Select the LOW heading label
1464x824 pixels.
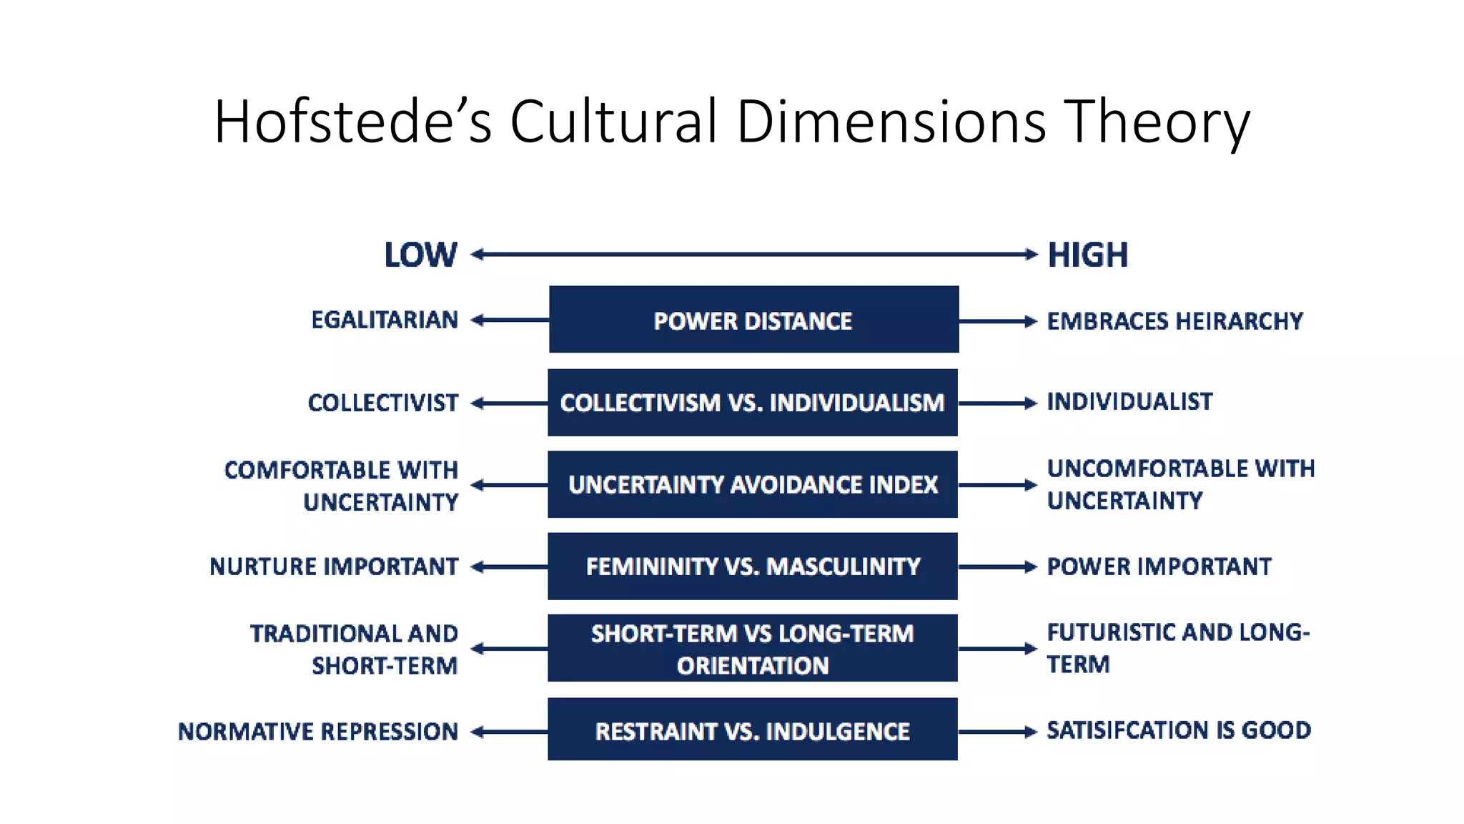pos(420,255)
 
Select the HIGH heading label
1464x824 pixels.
pos(1088,255)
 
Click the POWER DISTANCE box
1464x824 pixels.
pos(753,320)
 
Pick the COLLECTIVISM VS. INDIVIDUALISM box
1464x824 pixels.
pos(753,403)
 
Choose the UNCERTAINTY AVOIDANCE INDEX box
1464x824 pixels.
pos(753,484)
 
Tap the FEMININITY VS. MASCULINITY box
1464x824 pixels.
pos(753,566)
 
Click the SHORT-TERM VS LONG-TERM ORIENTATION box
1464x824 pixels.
pos(753,648)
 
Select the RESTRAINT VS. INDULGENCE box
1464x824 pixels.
pos(753,730)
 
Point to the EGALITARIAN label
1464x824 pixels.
pos(385,320)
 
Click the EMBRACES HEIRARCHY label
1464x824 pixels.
pos(1175,321)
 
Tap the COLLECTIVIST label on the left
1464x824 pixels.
pos(383,403)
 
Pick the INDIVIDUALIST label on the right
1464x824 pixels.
pos(1129,401)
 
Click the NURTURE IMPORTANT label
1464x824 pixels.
pos(334,566)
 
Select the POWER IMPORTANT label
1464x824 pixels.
pos(1159,566)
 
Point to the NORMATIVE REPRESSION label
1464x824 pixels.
pos(318,731)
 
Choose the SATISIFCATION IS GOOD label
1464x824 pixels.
pos(1179,730)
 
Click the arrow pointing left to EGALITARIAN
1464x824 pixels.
pos(509,320)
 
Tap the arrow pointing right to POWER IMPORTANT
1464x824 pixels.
pos(997,567)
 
